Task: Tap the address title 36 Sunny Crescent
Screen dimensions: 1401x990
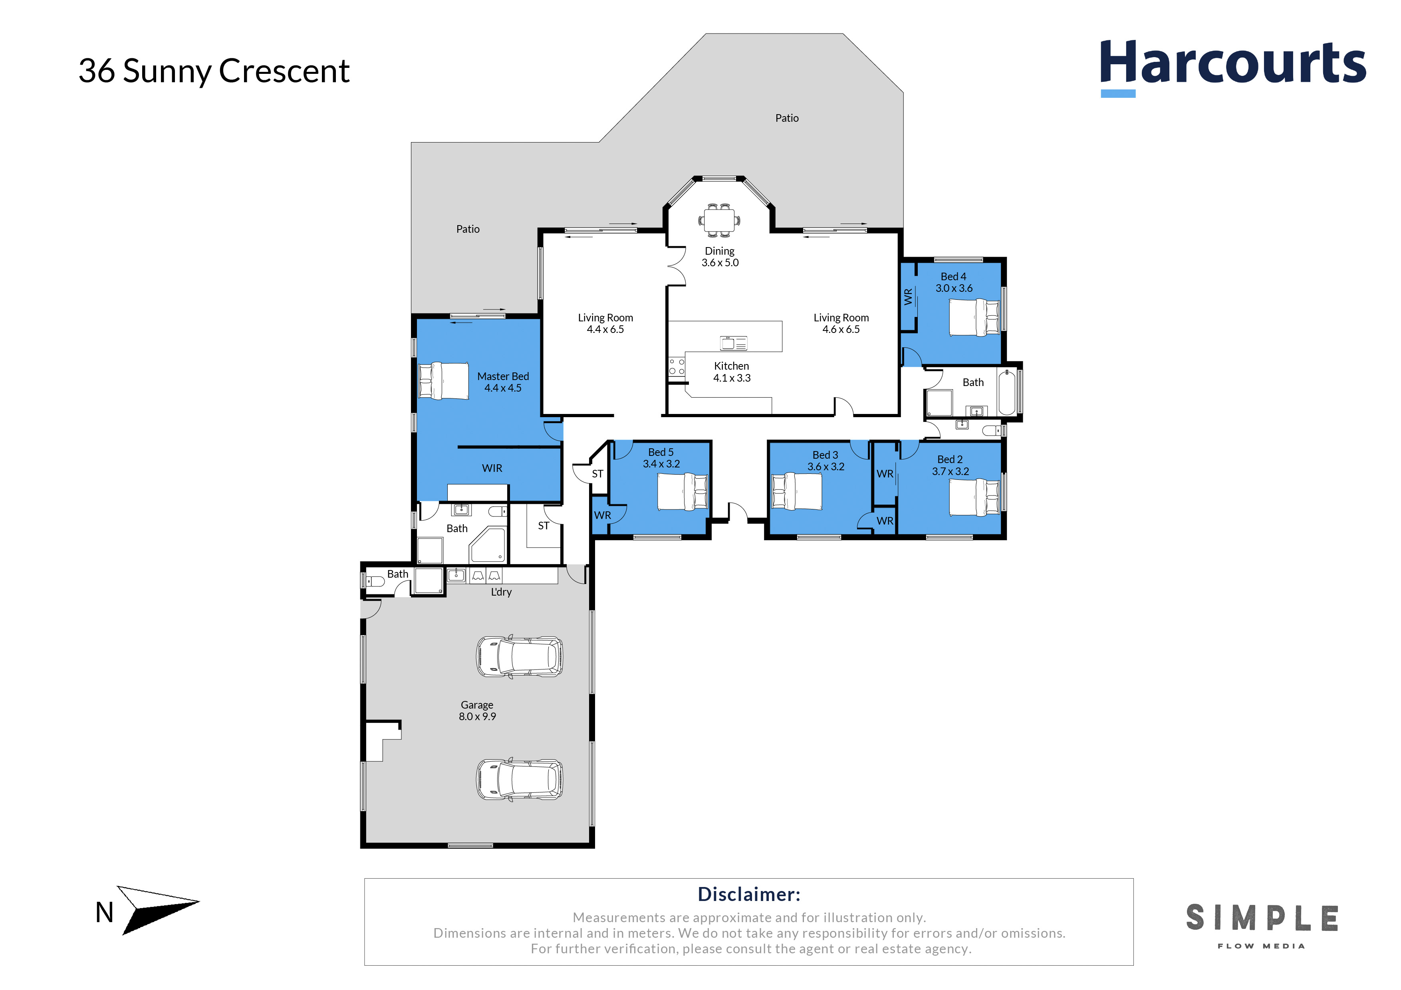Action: coord(214,71)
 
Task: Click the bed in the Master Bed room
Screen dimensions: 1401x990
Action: coord(444,380)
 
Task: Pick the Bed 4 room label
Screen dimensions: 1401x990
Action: coord(954,282)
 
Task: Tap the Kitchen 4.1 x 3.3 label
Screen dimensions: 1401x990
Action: coord(732,372)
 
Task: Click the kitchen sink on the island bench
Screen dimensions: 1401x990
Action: coord(733,343)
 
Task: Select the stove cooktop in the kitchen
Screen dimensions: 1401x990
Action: coord(677,366)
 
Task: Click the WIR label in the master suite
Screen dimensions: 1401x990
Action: coord(492,468)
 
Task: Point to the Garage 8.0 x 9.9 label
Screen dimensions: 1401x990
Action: coord(477,711)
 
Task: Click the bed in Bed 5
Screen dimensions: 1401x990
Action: coord(682,492)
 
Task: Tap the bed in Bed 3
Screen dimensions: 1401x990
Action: coord(796,491)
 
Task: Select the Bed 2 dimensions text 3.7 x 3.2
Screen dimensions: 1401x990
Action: coord(950,471)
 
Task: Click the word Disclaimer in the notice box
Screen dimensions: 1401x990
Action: coord(749,894)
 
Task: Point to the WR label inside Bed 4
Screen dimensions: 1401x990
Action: coord(908,297)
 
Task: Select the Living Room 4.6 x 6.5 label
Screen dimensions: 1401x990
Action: coord(841,323)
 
